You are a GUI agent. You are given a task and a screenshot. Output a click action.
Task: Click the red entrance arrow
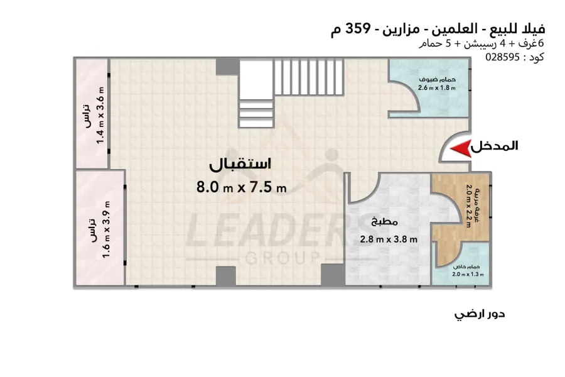click(461, 148)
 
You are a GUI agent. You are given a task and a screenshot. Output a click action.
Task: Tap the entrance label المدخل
click(495, 146)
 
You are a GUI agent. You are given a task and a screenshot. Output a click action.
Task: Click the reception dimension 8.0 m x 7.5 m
click(242, 187)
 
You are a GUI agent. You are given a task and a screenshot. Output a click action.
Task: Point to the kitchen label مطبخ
click(384, 222)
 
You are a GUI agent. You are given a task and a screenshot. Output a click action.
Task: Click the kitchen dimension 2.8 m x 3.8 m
click(389, 239)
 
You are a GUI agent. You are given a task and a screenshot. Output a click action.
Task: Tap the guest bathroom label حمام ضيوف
click(437, 79)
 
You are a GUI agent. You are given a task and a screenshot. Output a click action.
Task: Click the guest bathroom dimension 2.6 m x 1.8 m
click(437, 88)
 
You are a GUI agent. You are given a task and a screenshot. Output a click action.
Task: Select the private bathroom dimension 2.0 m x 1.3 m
click(468, 274)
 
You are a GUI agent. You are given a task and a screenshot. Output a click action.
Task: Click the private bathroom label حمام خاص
click(466, 266)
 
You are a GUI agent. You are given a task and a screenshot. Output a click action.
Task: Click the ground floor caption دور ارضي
click(480, 314)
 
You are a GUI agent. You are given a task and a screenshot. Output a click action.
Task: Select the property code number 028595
click(503, 57)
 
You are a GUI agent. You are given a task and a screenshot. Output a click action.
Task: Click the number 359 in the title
click(358, 28)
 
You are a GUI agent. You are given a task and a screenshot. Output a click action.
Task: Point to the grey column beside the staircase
click(228, 67)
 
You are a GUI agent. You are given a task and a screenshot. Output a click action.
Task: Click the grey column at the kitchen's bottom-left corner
click(333, 275)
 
